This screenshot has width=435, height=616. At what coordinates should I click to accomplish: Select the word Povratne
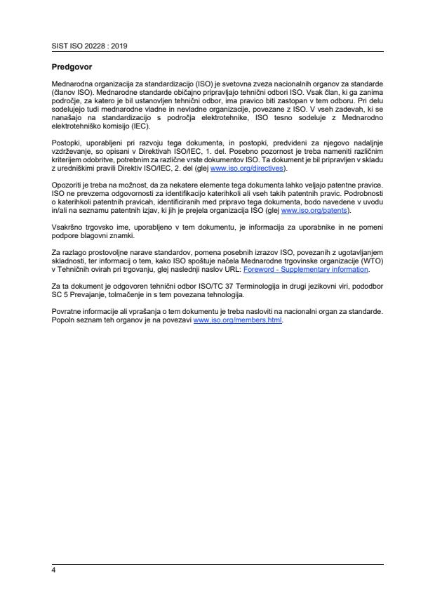click(67, 311)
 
